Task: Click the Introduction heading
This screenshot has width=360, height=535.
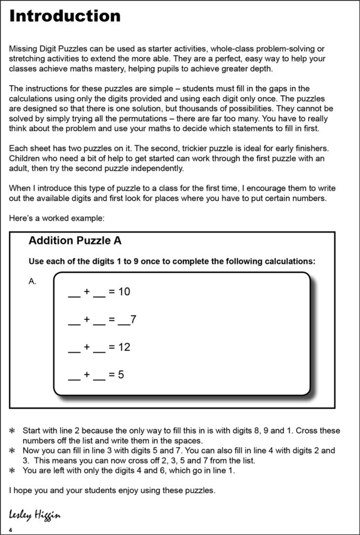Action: coord(65,16)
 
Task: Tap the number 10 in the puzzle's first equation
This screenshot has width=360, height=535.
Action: coord(124,292)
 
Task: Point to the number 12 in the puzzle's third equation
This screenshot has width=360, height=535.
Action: coord(124,347)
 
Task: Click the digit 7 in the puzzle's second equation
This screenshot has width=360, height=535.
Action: coord(134,319)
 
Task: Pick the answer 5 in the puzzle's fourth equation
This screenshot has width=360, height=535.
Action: coord(121,375)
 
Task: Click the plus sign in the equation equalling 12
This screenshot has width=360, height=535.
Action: coord(87,347)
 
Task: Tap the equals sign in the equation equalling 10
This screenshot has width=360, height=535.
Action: coord(111,292)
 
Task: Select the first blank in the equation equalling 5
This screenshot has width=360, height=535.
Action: coord(74,378)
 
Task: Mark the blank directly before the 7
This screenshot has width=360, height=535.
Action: coord(124,322)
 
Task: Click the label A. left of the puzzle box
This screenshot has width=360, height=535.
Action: coord(32,281)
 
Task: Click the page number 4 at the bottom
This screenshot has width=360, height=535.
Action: coord(10,530)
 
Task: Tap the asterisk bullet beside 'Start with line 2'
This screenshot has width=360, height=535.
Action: coord(13,431)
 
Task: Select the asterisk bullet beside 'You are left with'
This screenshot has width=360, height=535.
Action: coord(13,471)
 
